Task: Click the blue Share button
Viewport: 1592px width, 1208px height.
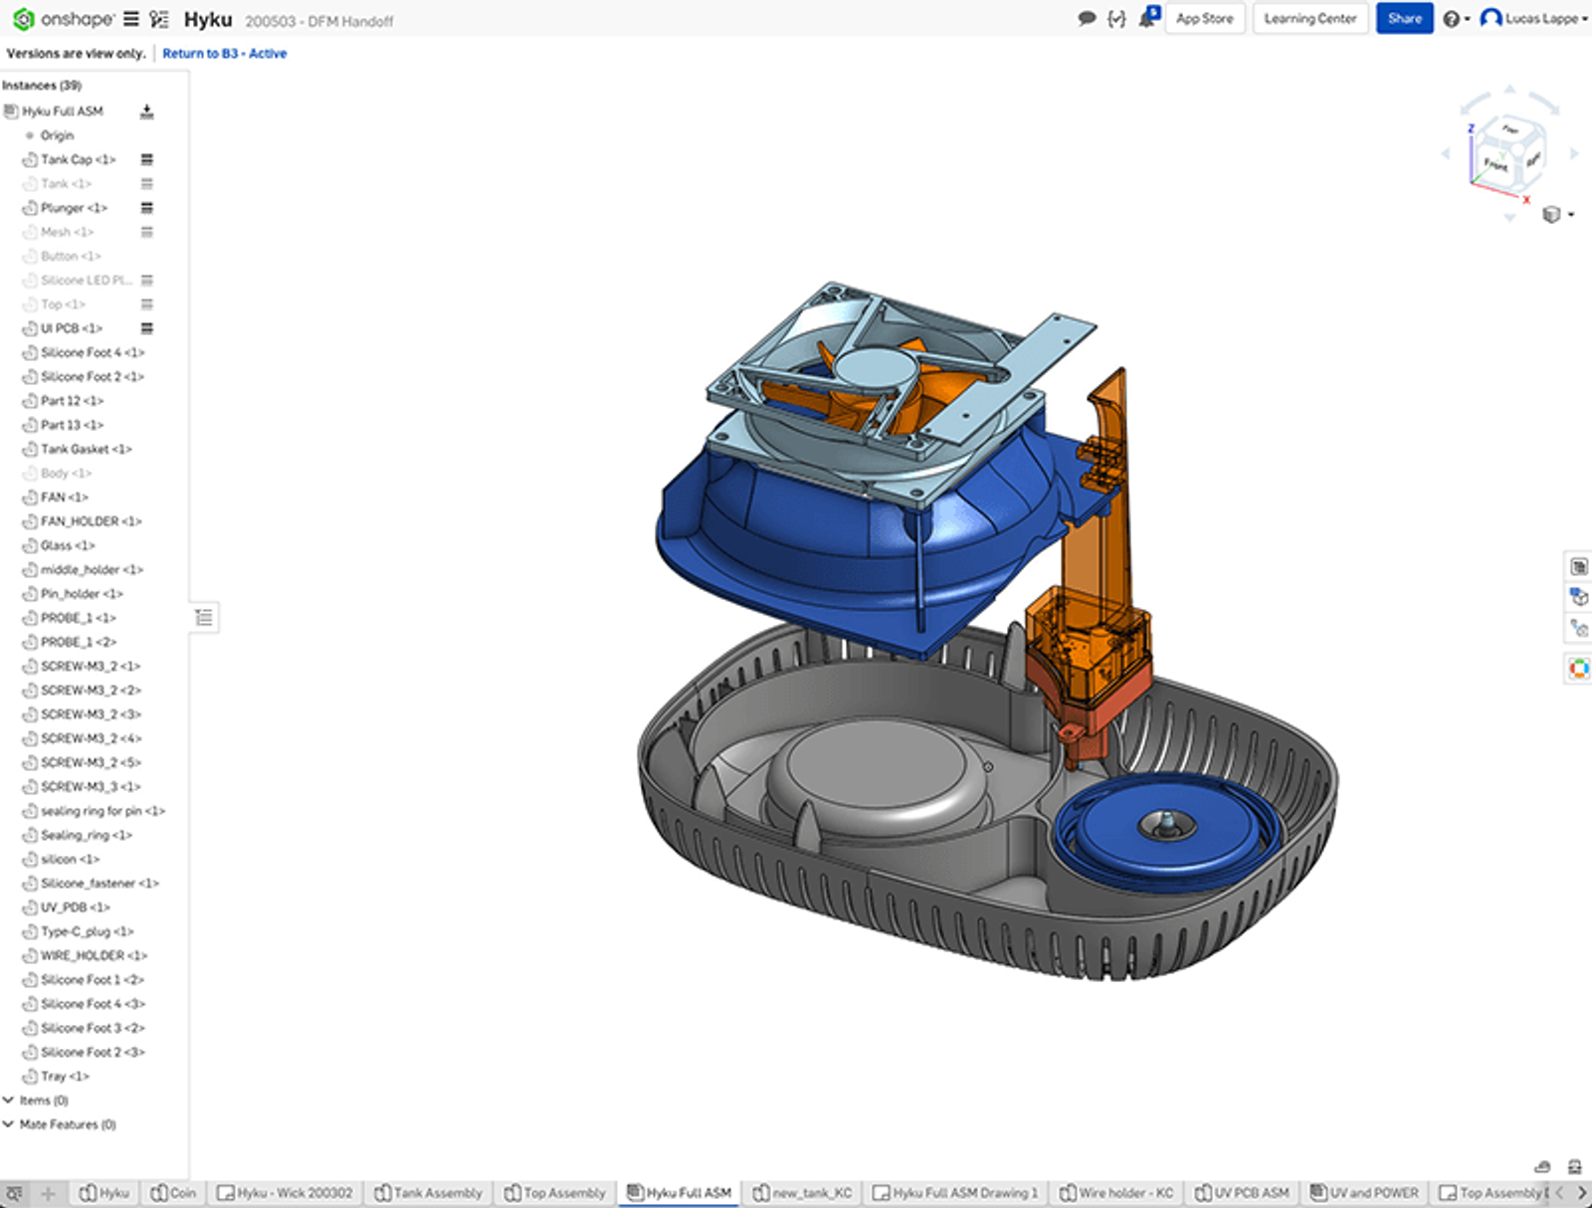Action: [1404, 19]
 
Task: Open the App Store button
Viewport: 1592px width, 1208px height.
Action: [1204, 19]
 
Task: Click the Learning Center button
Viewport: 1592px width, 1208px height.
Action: [1309, 19]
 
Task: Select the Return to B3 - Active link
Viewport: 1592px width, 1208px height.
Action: [224, 54]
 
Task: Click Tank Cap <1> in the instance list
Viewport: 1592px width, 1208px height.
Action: [78, 159]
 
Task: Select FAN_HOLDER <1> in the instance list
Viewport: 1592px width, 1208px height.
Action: [91, 521]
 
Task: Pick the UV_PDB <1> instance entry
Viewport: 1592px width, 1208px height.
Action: [75, 907]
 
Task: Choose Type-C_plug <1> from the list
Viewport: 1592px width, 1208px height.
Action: [87, 931]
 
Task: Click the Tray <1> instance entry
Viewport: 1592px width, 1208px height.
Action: [65, 1077]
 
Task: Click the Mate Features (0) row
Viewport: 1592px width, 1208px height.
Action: [67, 1124]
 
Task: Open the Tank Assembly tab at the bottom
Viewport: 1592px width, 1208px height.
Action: [437, 1192]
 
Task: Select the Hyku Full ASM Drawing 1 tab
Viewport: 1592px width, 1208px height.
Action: [964, 1192]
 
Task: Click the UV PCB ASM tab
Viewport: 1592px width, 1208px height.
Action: [1251, 1192]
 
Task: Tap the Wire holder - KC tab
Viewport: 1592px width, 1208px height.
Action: [1125, 1192]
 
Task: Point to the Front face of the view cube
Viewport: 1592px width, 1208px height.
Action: [1495, 164]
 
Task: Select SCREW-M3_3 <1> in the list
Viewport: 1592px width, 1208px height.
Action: [90, 787]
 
